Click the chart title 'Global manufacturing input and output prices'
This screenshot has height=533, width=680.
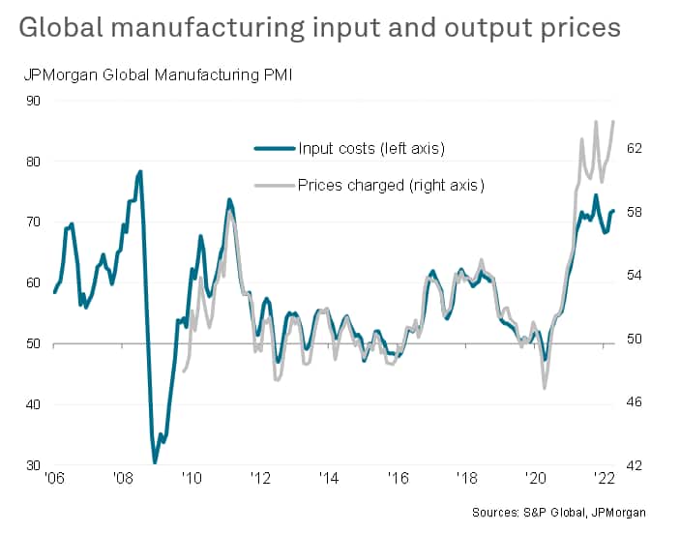pyautogui.click(x=319, y=27)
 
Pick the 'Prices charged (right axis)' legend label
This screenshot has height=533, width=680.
pyautogui.click(x=391, y=185)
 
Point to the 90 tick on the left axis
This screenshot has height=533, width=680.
pyautogui.click(x=33, y=101)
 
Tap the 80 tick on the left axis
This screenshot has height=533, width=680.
pyautogui.click(x=33, y=162)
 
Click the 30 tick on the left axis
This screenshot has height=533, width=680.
pyautogui.click(x=33, y=465)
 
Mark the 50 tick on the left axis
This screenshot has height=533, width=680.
pyautogui.click(x=33, y=343)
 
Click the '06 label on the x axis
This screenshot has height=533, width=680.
pyautogui.click(x=54, y=478)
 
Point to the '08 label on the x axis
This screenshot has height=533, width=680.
pyautogui.click(x=123, y=478)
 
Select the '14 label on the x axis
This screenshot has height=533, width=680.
pyautogui.click(x=329, y=478)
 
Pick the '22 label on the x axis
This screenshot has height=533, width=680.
pyautogui.click(x=604, y=478)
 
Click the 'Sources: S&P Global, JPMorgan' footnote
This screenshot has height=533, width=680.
pyautogui.click(x=559, y=512)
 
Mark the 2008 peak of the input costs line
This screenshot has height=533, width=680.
pyautogui.click(x=140, y=171)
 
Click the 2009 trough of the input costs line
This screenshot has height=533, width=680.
pyautogui.click(x=155, y=462)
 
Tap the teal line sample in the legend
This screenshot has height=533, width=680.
pyautogui.click(x=274, y=148)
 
